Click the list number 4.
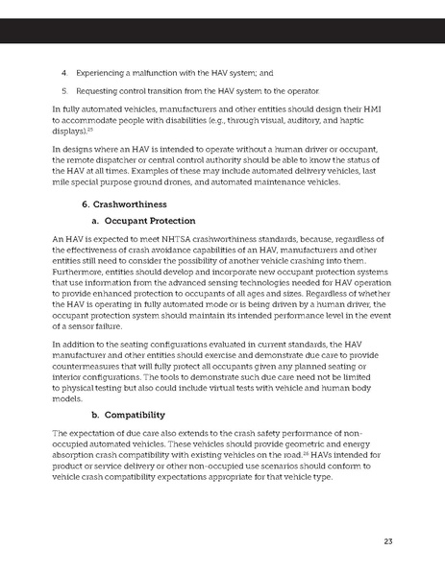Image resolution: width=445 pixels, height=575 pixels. tap(63, 71)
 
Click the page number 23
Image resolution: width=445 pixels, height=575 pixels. tap(387, 541)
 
